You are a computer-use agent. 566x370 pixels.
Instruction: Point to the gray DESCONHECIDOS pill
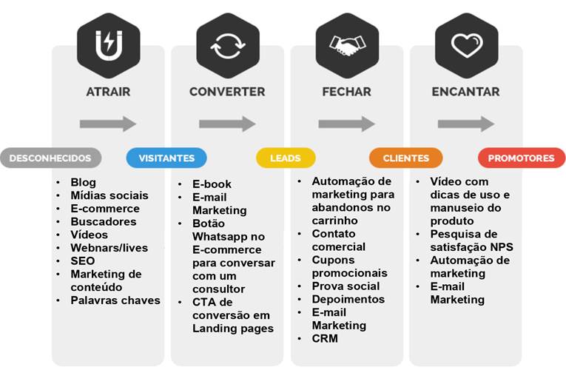[51, 158]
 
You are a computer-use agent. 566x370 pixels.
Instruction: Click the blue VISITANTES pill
[166, 158]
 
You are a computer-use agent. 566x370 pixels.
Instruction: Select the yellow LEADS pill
[286, 158]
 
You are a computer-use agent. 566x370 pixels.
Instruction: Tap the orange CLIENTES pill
[405, 158]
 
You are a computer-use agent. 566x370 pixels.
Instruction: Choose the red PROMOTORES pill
[521, 158]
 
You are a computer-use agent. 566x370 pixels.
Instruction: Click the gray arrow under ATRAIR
[108, 124]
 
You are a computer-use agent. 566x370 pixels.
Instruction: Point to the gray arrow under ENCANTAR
[466, 124]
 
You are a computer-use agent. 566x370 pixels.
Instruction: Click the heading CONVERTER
[226, 92]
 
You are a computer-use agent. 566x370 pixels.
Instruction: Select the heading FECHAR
[346, 92]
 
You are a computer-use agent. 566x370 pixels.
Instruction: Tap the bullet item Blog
[83, 182]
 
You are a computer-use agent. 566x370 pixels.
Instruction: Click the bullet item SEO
[82, 261]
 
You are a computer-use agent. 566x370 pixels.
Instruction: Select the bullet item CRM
[325, 338]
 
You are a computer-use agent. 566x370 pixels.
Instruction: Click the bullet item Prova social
[346, 286]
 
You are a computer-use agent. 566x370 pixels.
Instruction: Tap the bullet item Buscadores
[104, 222]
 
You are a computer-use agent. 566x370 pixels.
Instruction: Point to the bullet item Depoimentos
[348, 299]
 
